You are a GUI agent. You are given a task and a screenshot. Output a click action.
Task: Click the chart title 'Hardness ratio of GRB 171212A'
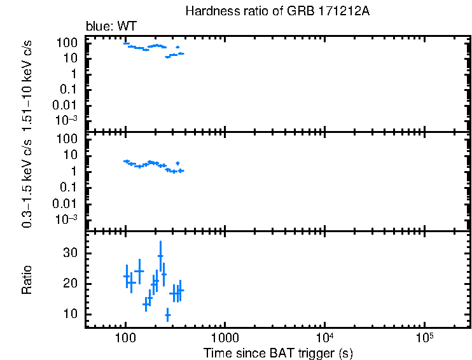[x=277, y=11]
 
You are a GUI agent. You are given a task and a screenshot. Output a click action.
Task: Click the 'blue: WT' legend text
[x=111, y=26]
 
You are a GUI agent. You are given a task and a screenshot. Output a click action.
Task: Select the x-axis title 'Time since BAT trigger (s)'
[x=278, y=352]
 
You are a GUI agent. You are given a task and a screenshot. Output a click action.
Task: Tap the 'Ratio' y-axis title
[x=27, y=280]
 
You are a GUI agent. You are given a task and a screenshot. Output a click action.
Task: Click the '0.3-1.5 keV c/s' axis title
[x=27, y=183]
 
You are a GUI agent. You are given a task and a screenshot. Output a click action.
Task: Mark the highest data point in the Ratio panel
[x=160, y=256]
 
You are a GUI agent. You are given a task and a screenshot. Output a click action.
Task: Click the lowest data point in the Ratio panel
[x=168, y=315]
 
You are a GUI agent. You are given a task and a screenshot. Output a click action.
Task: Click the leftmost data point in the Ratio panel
[x=126, y=276]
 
